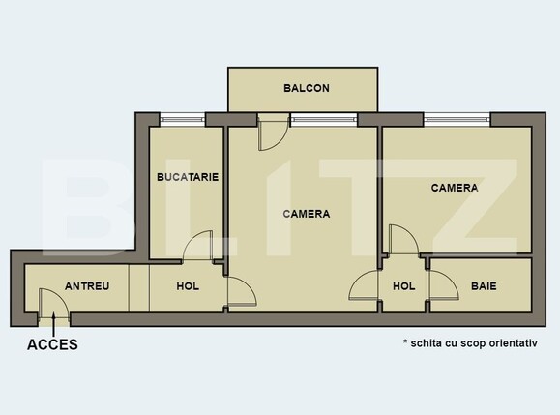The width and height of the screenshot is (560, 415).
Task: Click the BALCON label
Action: [x=307, y=88]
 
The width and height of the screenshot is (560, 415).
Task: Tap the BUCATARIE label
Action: [x=188, y=177]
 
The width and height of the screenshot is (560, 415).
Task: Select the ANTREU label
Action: [x=87, y=286]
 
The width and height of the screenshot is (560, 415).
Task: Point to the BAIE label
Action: [x=484, y=286]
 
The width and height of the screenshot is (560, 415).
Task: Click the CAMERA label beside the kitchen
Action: [x=307, y=214]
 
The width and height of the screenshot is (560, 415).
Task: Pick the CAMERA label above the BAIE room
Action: [x=455, y=188]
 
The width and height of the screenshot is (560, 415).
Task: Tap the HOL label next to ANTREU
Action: [x=188, y=286]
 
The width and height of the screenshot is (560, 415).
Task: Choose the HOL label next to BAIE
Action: [x=403, y=286]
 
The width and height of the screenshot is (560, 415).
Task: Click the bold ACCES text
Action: [x=52, y=343]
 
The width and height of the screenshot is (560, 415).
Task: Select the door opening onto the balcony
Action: [x=271, y=133]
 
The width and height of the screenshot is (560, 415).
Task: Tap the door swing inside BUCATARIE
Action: [x=200, y=247]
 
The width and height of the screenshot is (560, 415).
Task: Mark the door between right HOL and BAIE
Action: [x=441, y=287]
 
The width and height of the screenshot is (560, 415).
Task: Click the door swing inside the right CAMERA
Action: [x=401, y=239]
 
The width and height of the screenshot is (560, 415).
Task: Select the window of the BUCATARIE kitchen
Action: [x=183, y=120]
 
